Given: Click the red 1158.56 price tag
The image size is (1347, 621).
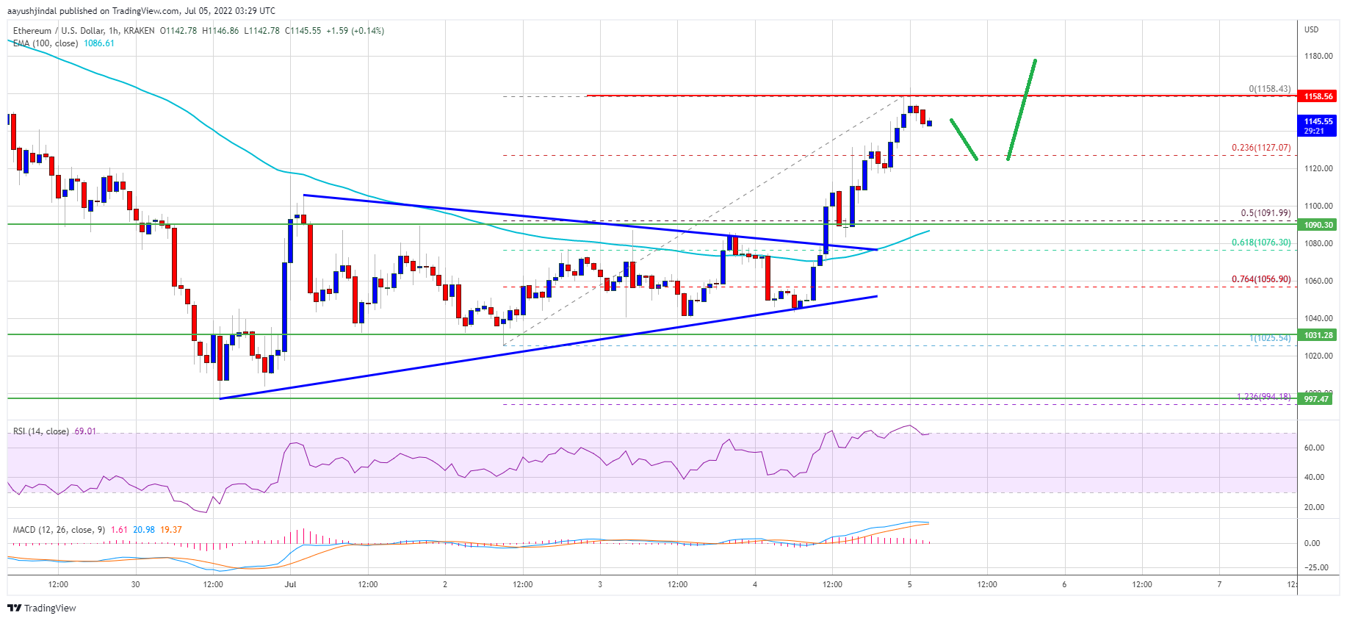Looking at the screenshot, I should pos(1318,96).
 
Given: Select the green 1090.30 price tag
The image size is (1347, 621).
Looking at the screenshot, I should pos(1318,225).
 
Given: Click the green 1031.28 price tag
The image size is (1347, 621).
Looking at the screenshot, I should pos(1318,335).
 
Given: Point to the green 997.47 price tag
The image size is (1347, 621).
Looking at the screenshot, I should pos(1318,399).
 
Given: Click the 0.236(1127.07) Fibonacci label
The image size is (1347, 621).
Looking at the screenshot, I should pos(1260,148).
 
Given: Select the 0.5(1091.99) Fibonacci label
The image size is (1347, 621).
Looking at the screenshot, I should pos(1265,213).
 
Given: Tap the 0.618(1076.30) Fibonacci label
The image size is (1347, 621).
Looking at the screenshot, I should pos(1260,243).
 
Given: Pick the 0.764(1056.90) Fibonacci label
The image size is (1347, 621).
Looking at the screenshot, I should pos(1260,279).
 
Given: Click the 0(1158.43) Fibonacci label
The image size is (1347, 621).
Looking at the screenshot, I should pos(1269,89).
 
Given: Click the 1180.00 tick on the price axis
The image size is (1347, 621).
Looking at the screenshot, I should pos(1318,56).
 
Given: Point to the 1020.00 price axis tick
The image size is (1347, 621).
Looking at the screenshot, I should pos(1318,356).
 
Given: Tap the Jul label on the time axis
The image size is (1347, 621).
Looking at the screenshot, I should pos(290,584).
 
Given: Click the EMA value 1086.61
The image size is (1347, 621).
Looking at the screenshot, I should pos(99,43).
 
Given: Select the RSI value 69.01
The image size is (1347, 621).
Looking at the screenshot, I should pos(85,431).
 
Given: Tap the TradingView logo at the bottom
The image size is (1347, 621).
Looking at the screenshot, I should pos(42,608).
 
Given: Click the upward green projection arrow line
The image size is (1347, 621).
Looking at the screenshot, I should pos(1022,109).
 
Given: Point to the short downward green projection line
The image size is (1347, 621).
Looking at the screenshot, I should pos(964,139).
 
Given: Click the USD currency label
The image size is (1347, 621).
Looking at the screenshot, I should pos(1311,29).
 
